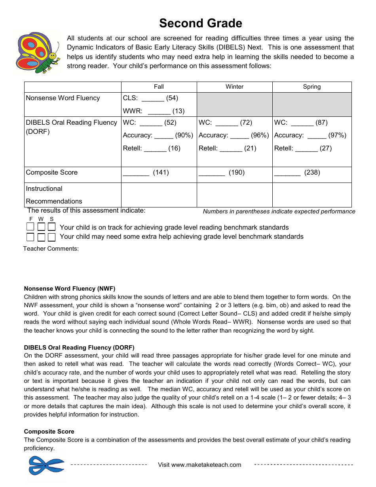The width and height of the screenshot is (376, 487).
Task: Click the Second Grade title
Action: coord(201,23)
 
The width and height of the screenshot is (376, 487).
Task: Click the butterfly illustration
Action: coord(38,53)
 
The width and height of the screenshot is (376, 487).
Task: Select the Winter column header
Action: coord(234,87)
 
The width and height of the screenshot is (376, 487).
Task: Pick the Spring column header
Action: coord(311,87)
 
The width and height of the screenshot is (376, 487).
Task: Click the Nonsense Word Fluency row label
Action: coord(63,98)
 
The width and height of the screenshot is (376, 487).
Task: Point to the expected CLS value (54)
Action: coord(172,98)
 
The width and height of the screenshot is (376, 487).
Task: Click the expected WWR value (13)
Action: coord(179,111)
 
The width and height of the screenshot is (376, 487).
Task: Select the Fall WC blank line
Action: coord(151,124)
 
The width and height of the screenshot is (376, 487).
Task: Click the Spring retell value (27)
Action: coord(326,148)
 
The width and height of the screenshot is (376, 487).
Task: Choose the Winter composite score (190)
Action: coord(237,173)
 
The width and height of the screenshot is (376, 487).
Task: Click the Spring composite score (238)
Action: coord(312,173)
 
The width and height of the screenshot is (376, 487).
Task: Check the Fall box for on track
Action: coord(30,227)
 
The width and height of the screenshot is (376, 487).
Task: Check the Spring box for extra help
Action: coord(51,237)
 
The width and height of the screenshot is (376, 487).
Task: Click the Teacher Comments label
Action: coord(51,249)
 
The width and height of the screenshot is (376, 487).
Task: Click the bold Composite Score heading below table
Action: coord(49,432)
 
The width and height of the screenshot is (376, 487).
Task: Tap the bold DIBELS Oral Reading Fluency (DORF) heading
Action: coord(79,348)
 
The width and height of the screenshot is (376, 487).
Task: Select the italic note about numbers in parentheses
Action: coord(279,211)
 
